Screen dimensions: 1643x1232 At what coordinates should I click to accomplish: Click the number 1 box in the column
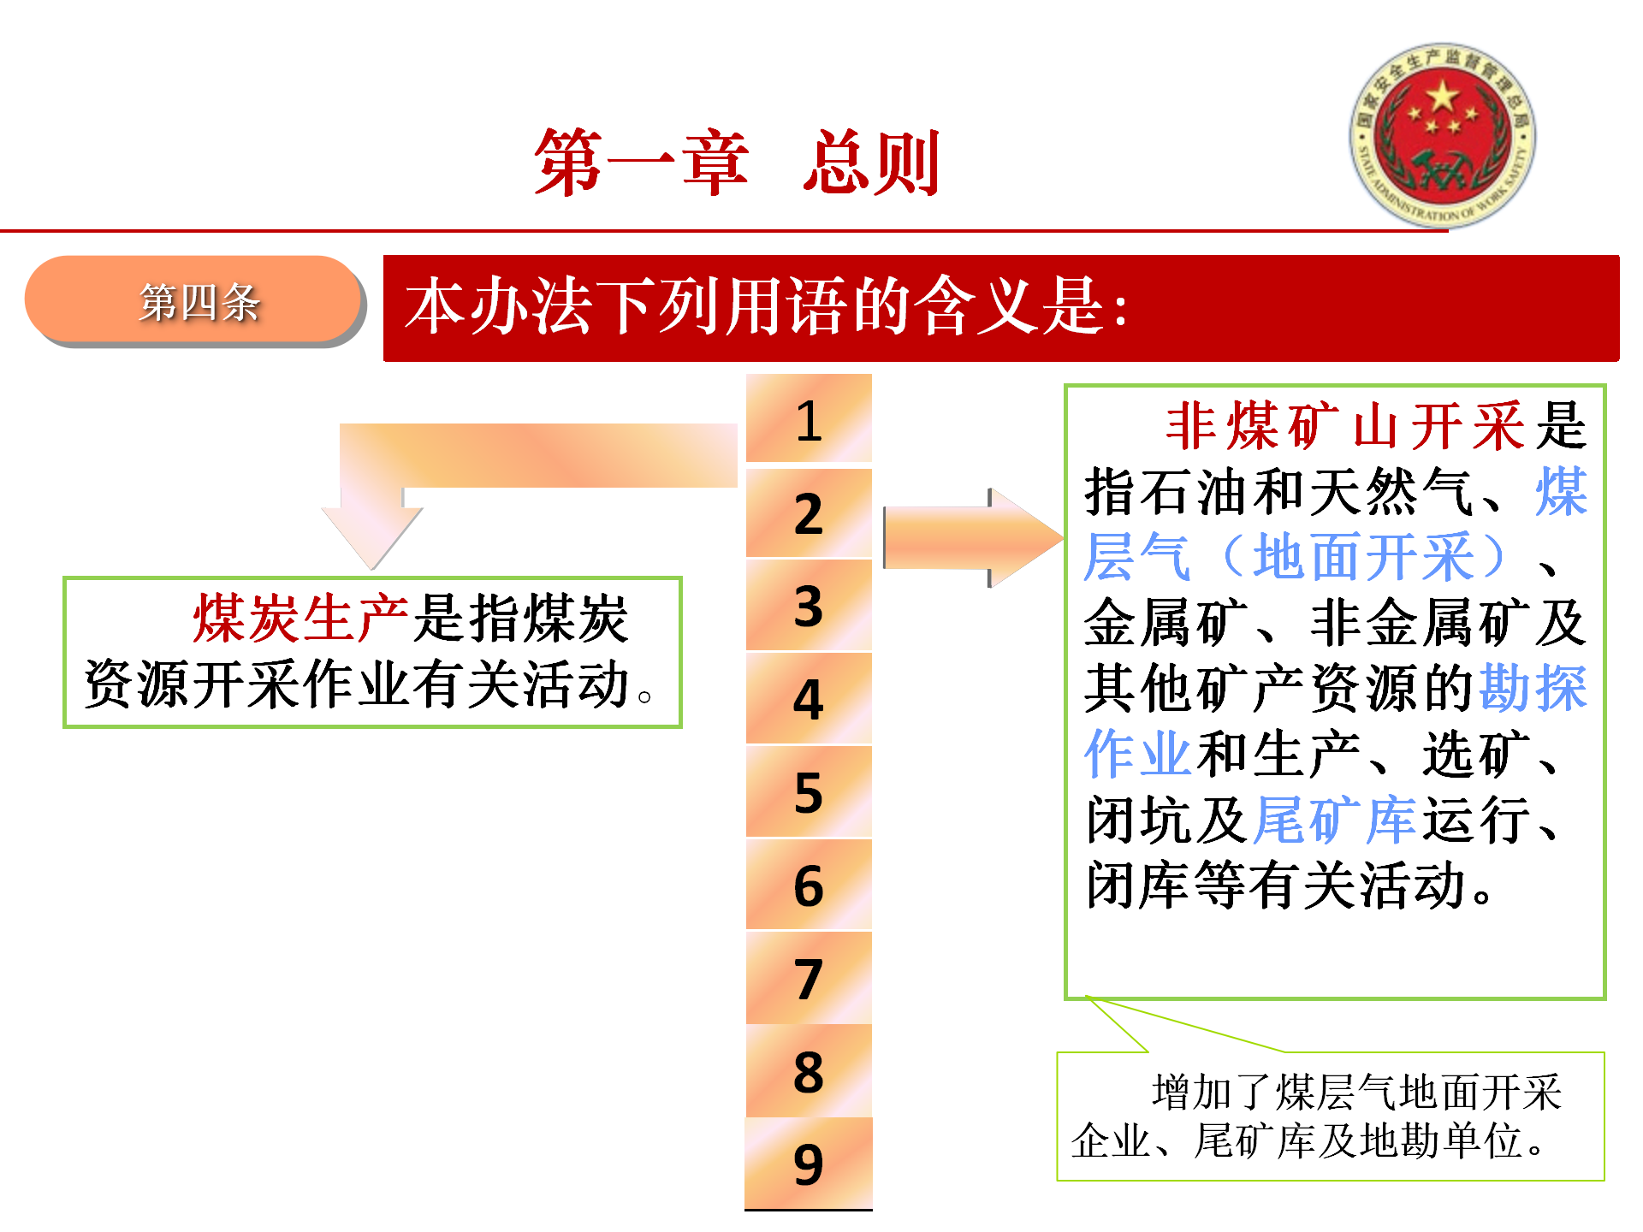tap(809, 418)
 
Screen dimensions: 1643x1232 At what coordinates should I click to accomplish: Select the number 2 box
tap(809, 512)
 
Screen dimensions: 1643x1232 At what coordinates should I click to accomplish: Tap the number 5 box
tap(809, 791)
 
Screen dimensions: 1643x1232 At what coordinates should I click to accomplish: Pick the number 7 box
tap(809, 977)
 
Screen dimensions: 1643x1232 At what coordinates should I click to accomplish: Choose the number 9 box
tap(809, 1164)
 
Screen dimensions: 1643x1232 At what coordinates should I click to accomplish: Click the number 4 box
tap(809, 698)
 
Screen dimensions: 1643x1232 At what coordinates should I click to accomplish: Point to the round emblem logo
tap(1443, 135)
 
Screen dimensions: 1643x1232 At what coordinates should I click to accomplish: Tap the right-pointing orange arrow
tap(973, 537)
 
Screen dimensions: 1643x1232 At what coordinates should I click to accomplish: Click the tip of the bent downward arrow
tap(372, 569)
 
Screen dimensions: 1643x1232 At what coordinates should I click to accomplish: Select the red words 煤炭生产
tap(301, 618)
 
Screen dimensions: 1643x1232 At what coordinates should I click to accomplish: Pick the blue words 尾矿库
tap(1335, 820)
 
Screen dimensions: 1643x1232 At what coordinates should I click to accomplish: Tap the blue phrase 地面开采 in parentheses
tap(1364, 557)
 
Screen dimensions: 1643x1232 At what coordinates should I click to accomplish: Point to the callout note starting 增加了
tap(1331, 1116)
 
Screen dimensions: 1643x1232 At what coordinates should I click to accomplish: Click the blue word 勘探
tap(1533, 688)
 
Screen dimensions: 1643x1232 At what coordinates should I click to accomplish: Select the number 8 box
tap(809, 1070)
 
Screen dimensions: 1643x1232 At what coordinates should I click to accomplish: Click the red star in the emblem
tap(1443, 97)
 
